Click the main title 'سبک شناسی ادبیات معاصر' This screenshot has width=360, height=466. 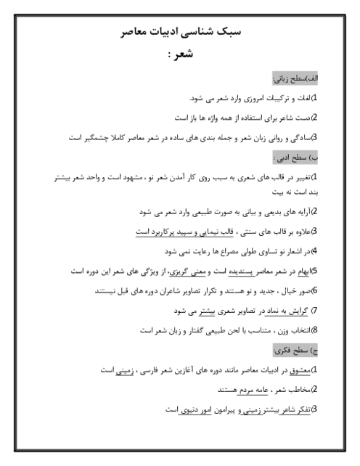[x=181, y=31]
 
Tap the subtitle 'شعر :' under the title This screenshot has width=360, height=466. [x=181, y=54]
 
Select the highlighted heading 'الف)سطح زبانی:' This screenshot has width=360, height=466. [x=295, y=79]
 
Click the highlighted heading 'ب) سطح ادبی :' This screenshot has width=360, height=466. [x=295, y=158]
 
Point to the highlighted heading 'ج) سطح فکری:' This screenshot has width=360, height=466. [x=295, y=351]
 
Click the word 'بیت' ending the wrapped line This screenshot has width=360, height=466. [x=278, y=192]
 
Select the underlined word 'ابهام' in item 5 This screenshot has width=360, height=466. [x=303, y=271]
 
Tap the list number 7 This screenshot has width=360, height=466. [x=315, y=311]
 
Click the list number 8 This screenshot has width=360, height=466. [x=315, y=330]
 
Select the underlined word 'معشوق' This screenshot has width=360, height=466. [x=300, y=370]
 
